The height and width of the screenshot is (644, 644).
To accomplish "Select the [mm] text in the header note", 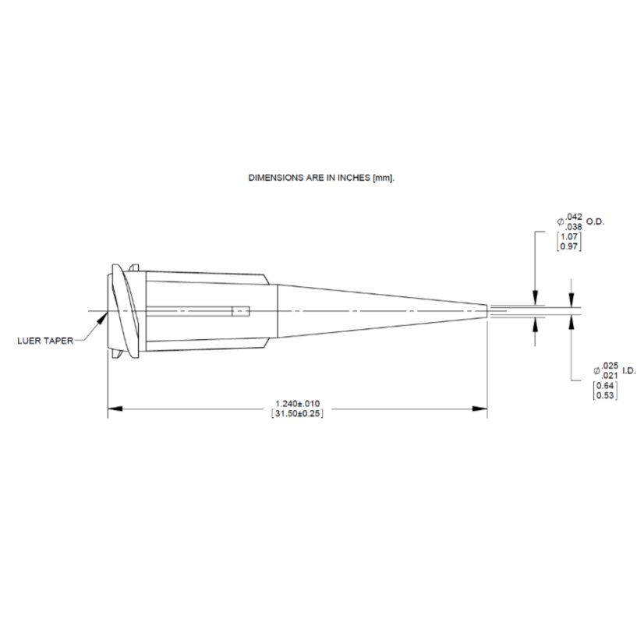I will click(x=384, y=178).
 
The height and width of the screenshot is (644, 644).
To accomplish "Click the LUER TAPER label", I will click(x=44, y=341).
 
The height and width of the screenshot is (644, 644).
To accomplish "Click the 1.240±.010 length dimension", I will click(x=299, y=403).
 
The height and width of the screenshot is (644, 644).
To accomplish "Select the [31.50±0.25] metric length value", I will click(x=299, y=413).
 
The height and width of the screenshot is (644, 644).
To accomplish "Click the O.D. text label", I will click(x=595, y=221).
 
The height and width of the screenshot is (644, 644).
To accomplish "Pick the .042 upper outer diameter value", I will click(x=574, y=216).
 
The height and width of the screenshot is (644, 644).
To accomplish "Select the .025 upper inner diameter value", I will click(x=610, y=366).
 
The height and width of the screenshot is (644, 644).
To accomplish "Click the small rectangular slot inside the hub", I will click(x=242, y=313).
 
